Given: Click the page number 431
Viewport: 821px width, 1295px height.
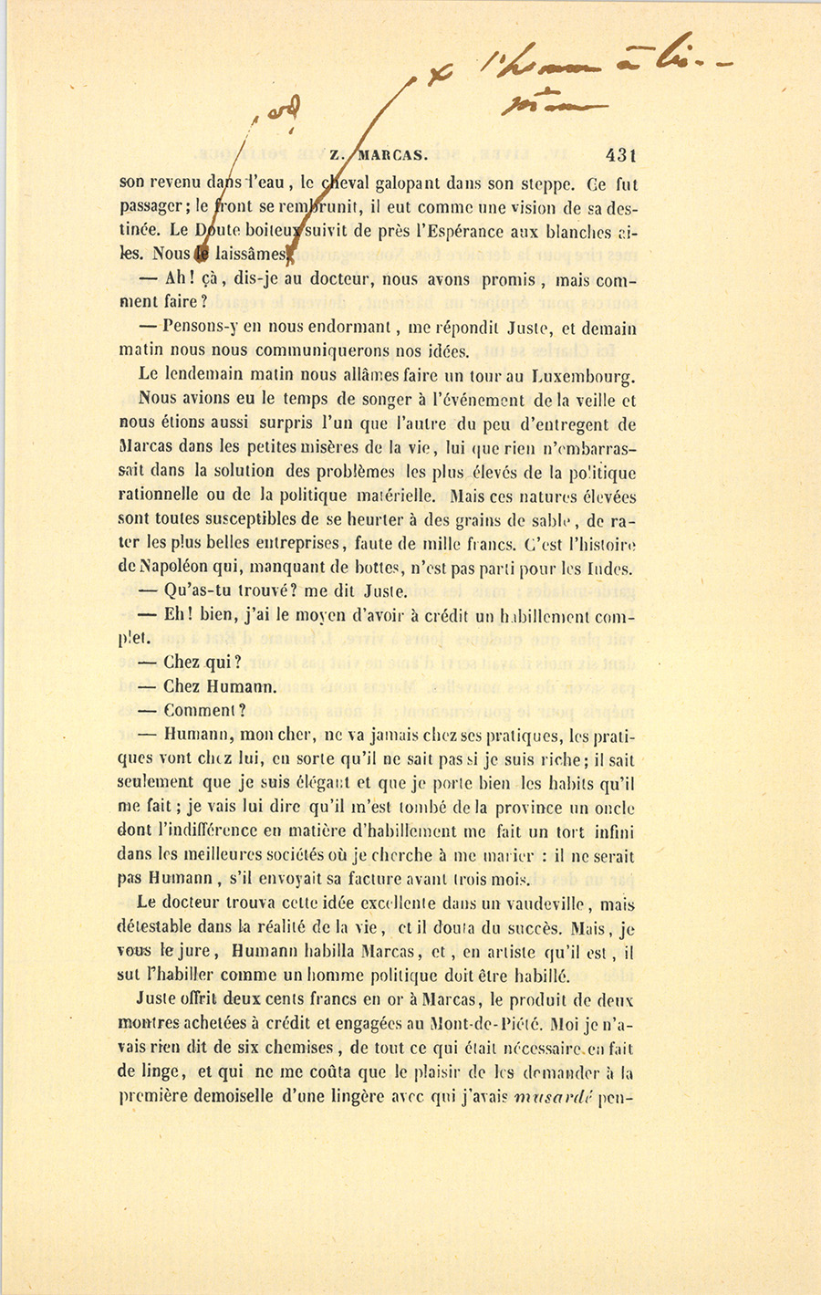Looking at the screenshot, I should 619,156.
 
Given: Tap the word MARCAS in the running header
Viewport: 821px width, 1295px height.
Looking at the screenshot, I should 391,155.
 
